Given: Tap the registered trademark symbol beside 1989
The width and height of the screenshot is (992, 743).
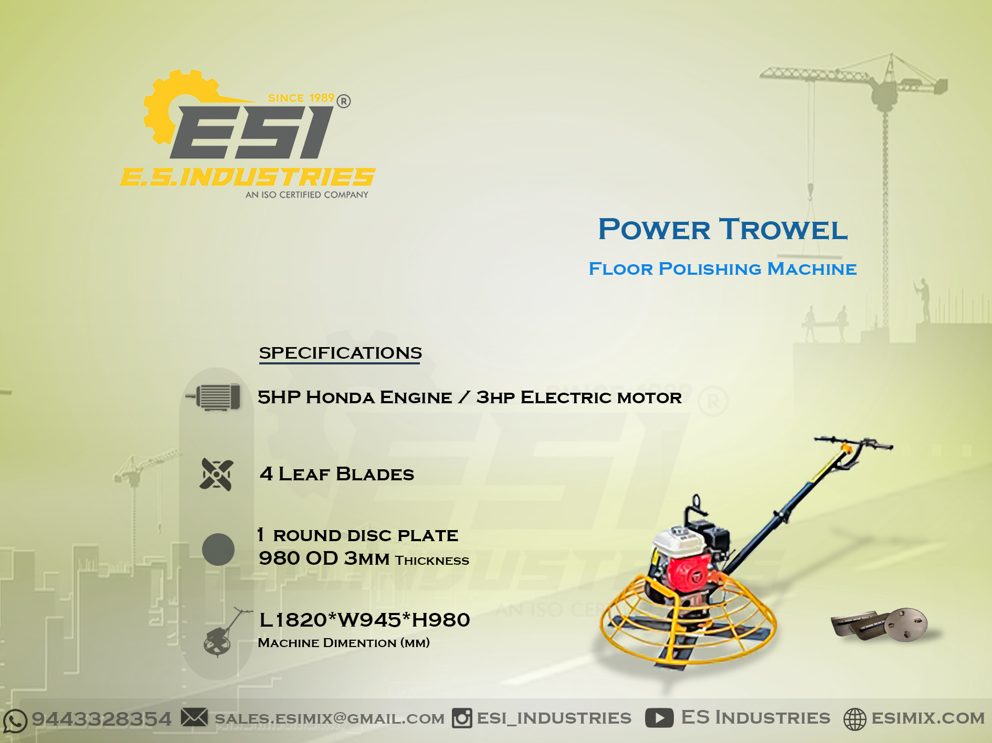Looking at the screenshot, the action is point(344,101).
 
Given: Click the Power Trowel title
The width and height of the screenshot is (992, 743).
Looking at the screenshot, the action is point(723,229).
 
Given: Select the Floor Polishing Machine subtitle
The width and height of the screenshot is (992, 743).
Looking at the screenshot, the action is point(722,268).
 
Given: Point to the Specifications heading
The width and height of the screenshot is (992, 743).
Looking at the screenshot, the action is point(340,353).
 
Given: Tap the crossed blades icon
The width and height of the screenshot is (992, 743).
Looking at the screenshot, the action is point(216,475).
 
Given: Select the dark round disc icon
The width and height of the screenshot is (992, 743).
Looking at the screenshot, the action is point(218,550).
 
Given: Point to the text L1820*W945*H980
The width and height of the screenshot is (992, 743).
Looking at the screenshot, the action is point(365,620).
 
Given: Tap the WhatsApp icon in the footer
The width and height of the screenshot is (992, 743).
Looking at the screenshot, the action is point(15,720).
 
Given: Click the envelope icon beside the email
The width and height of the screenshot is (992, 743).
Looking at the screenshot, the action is point(194,717).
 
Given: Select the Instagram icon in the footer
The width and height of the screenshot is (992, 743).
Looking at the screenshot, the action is point(462,718).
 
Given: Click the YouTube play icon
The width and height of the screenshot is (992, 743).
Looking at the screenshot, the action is point(659,718).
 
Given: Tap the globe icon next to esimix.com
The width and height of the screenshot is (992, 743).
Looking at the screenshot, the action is point(854,719).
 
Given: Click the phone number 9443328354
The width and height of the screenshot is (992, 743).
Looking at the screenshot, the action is point(102,719).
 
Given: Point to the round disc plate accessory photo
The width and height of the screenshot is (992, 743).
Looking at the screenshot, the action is point(906,624).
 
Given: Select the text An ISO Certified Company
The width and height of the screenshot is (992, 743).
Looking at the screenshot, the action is point(307,195).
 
